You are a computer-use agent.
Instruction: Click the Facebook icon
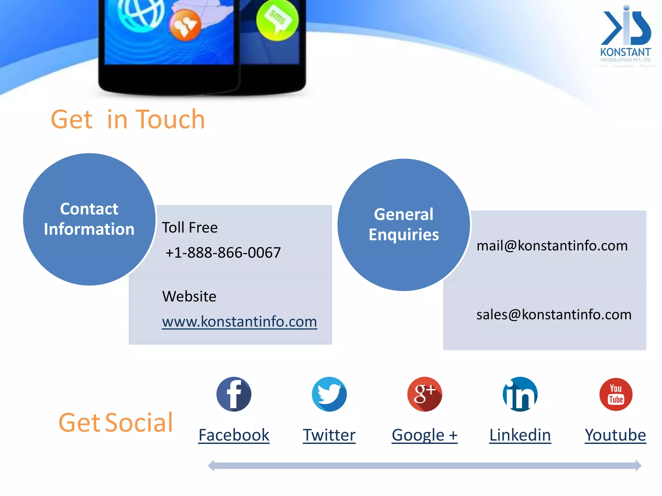[234, 394]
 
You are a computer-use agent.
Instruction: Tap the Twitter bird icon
[329, 394]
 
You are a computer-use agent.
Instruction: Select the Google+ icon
[424, 394]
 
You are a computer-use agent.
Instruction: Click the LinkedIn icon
[520, 394]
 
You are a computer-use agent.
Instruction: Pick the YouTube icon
[616, 394]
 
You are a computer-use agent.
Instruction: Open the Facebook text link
[234, 435]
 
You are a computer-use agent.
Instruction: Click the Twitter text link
[329, 435]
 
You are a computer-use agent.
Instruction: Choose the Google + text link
[424, 435]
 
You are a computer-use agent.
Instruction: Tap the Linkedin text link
[520, 435]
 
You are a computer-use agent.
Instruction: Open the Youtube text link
[615, 435]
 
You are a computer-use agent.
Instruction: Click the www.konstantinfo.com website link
[240, 321]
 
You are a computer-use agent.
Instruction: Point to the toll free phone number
[223, 253]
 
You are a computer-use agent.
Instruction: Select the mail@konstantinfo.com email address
[552, 246]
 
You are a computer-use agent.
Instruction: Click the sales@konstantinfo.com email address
[554, 315]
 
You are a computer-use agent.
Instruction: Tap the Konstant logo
[625, 36]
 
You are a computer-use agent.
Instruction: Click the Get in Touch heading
[128, 119]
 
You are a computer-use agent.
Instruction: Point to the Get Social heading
[116, 422]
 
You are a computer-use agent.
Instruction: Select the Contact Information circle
[89, 219]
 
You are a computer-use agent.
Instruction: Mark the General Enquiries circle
[404, 224]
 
